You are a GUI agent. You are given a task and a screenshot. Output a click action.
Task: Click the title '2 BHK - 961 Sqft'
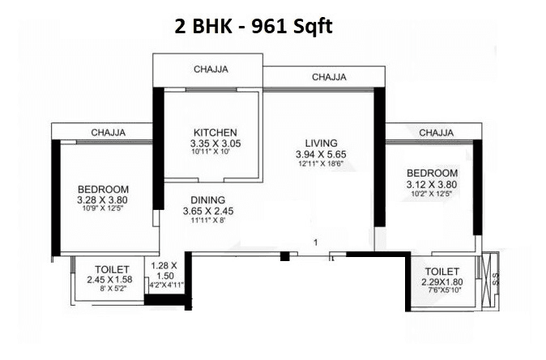[x=254, y=26]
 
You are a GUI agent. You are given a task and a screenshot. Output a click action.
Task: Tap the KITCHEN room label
[x=215, y=133]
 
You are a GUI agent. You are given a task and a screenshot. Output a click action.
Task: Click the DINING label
[x=208, y=199]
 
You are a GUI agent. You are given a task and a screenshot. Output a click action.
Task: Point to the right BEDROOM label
[x=432, y=174]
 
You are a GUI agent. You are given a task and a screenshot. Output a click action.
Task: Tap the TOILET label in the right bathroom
[x=440, y=271]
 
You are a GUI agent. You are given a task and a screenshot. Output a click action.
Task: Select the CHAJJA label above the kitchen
[x=211, y=70]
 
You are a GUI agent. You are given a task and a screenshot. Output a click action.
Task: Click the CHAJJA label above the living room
[x=330, y=77]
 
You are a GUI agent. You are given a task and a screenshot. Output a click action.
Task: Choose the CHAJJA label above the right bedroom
[x=436, y=132]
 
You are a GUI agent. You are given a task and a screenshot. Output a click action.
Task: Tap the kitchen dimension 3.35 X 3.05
[x=215, y=144]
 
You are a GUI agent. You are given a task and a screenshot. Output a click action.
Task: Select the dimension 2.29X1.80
[x=440, y=281]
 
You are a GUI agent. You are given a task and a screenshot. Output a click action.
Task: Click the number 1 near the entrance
[x=316, y=242]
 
